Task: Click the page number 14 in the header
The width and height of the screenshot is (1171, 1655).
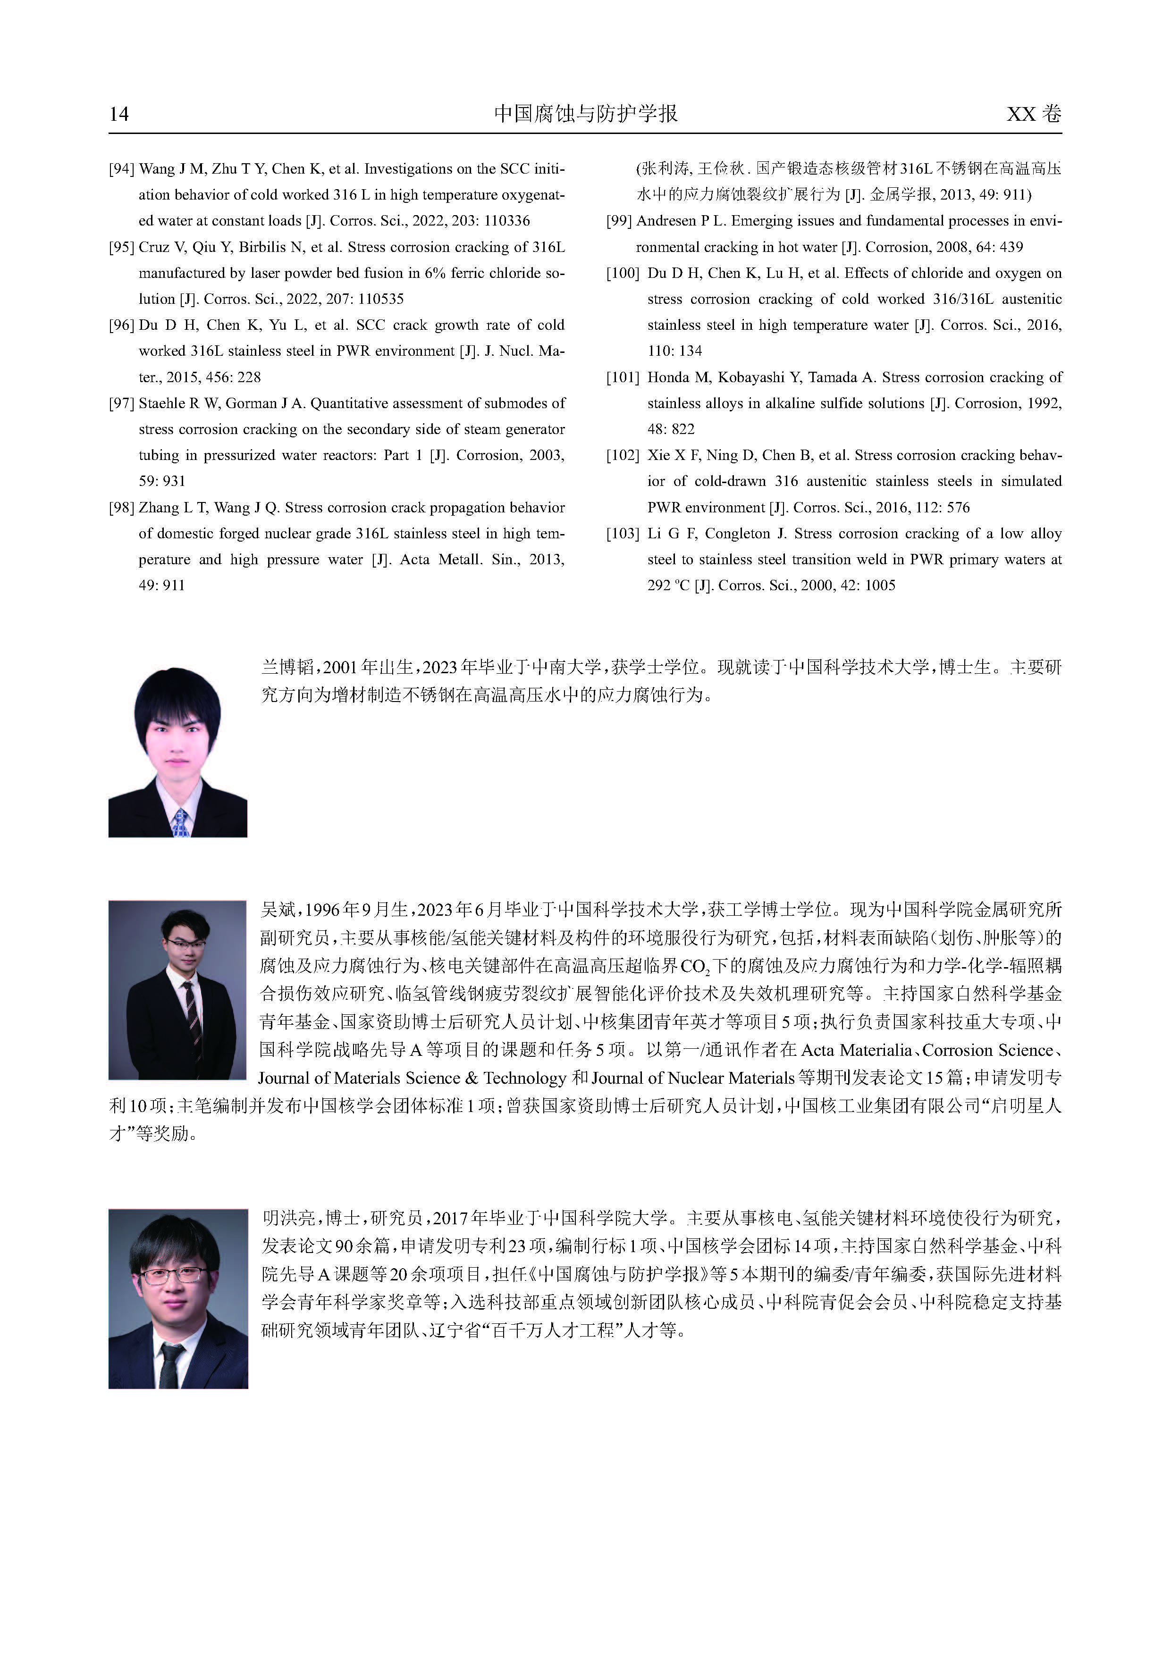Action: [119, 114]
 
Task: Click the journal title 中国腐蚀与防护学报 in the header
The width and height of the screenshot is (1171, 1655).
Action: [585, 113]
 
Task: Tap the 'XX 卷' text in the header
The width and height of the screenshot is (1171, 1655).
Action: [1033, 114]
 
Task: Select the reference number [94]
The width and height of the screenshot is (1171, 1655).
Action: [122, 169]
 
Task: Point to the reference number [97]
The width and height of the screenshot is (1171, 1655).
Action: [122, 403]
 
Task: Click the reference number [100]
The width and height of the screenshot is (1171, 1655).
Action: [623, 273]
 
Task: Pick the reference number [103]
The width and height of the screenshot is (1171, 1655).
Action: [623, 534]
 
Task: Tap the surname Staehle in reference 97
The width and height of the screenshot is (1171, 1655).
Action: [161, 403]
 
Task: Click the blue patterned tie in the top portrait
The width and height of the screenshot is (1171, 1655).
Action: [180, 822]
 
